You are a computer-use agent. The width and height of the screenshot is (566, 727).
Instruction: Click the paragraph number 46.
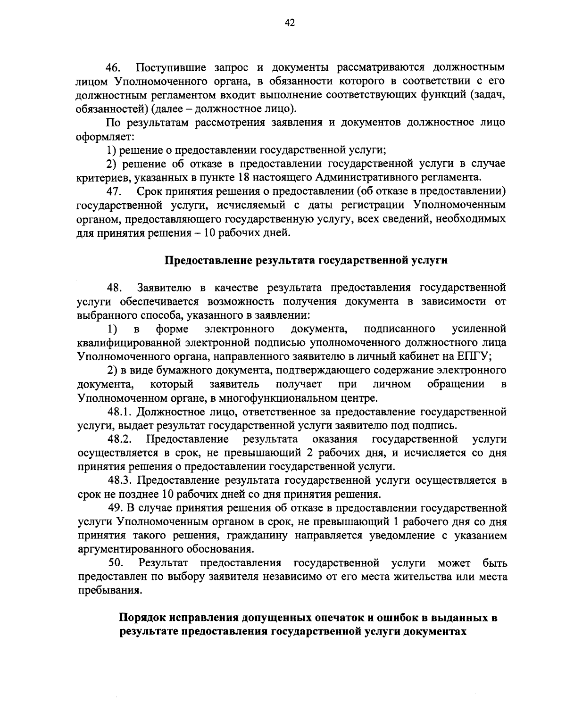tap(115, 67)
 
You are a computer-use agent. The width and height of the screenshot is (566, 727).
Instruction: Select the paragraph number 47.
tap(115, 192)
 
